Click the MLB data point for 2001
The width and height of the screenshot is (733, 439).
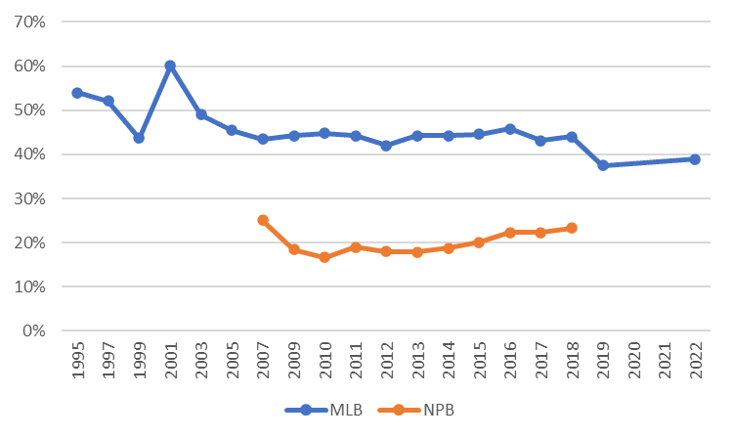coord(170,66)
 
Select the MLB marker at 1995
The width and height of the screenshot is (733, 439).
coord(77,93)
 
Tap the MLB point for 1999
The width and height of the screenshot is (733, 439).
coord(139,138)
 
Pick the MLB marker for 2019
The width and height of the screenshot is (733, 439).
coord(603,165)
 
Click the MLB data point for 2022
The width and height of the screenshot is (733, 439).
coord(695,158)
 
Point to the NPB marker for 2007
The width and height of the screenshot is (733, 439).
coord(263,220)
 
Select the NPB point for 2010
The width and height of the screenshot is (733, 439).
coord(324,257)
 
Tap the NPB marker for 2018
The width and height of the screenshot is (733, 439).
coord(572,228)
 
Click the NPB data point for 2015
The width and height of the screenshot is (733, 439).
coord(479,241)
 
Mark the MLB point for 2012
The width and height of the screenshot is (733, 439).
coord(386,146)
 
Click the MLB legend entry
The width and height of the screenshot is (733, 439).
coord(325,411)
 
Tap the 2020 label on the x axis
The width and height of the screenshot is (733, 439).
coord(634,361)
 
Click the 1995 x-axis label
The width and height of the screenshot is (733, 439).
coord(78,361)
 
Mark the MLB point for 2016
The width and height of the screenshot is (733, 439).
coord(510,129)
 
